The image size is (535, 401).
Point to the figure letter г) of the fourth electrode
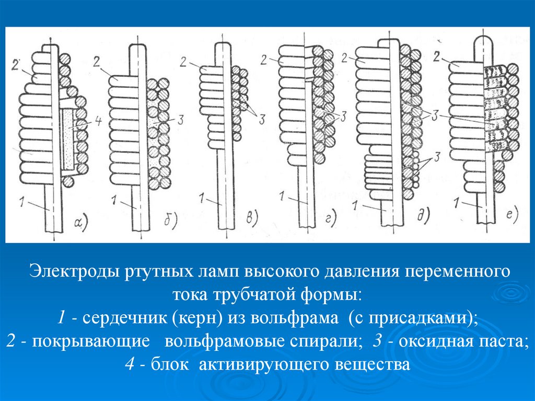point(330,218)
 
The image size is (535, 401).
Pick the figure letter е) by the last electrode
point(512,215)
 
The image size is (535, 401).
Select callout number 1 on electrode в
point(202,198)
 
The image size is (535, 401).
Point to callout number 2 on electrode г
point(263,60)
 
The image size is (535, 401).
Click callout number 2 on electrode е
point(437,57)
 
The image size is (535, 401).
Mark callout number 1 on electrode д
point(355,205)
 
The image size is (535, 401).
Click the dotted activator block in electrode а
point(69,140)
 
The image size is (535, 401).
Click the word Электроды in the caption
point(76,271)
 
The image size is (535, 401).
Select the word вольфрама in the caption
point(295,318)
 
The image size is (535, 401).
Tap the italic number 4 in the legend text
point(130,364)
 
